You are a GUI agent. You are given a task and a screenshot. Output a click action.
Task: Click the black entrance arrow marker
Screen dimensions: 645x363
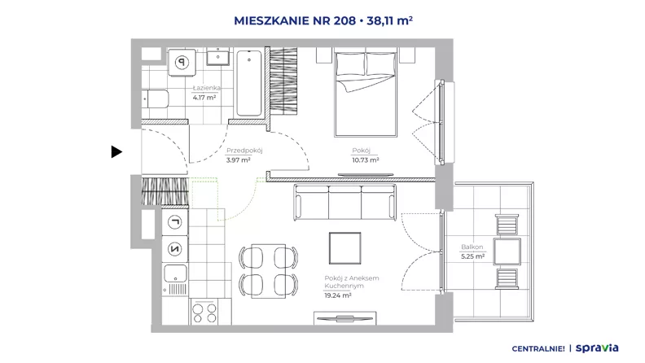coord(116,151)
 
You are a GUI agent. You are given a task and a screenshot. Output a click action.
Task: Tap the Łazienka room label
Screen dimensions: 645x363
coord(207,88)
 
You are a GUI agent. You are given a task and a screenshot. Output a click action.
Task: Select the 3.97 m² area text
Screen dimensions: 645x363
coord(238,160)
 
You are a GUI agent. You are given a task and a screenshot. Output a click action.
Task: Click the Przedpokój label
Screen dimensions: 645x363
coord(244,151)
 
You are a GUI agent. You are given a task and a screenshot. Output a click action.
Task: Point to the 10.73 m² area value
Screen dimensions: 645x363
coord(366,160)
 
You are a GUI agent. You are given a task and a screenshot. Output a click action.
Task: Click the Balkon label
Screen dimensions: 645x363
coord(472,247)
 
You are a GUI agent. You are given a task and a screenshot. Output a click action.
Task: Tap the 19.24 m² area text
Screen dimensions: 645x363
coord(338,295)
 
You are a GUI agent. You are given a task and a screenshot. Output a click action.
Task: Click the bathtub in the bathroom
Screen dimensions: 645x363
coord(249,83)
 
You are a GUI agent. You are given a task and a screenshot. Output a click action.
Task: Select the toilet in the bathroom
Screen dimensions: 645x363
coord(155,98)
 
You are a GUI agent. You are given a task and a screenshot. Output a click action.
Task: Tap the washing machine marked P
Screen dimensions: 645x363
coord(182,63)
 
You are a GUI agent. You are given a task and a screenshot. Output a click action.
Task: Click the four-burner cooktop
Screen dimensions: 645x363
coord(204,313)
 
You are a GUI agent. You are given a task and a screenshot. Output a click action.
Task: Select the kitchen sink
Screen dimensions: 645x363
coord(175,279)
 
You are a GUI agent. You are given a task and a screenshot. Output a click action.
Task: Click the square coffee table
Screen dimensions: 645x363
coord(345,248)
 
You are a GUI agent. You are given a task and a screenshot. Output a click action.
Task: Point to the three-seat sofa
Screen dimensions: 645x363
coord(345,203)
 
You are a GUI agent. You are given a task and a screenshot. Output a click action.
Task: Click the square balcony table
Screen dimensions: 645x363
coord(507,251)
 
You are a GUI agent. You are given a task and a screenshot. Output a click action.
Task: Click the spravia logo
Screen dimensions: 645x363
coord(597,348)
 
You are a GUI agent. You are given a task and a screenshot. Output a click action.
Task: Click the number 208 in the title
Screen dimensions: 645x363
coord(344,20)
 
